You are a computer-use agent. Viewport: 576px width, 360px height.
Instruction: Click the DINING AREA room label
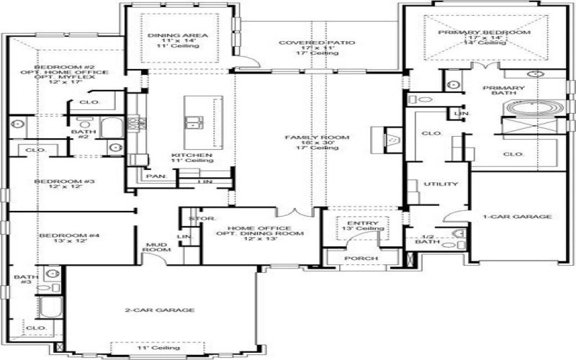pos(168,35)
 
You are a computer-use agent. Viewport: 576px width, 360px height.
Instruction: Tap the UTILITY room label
pos(441,184)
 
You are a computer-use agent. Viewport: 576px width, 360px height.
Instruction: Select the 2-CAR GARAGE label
pos(160,310)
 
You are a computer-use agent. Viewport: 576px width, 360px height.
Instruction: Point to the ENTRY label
pos(357,225)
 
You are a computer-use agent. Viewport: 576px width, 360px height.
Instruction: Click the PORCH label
pos(357,258)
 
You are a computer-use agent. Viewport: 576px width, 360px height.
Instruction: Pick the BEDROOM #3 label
pos(61,181)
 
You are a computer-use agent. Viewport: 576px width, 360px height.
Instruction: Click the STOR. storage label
pos(197,218)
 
